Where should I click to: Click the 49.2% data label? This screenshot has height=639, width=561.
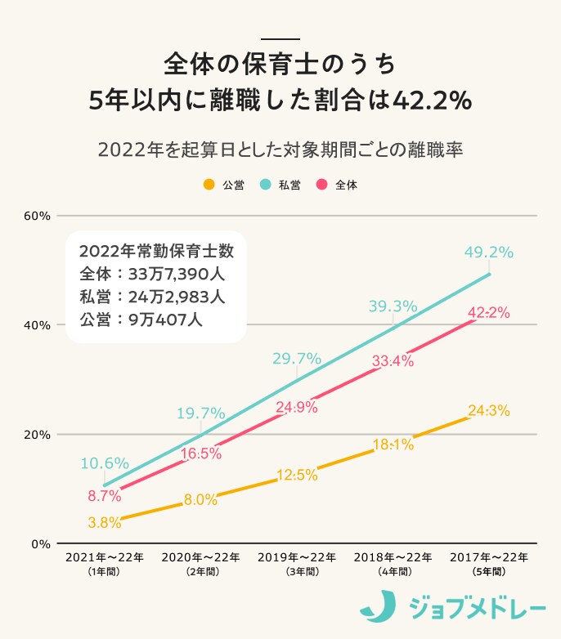pos(489,252)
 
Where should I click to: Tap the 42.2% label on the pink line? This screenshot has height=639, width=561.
pos(489,312)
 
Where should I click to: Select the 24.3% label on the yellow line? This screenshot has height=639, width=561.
pos(489,410)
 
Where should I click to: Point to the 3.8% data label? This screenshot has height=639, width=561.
pos(105,521)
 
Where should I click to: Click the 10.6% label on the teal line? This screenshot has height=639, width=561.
pos(105,463)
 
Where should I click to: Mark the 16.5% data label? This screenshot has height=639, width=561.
pos(200,453)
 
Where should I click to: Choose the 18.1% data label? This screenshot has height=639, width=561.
pos(393,445)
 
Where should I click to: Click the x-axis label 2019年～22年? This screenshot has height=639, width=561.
pos(296,557)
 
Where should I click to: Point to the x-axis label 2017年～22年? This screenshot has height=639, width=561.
pos(489,557)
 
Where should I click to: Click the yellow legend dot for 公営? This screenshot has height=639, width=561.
pos(209,185)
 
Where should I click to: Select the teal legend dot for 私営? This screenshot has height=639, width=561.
pos(266,185)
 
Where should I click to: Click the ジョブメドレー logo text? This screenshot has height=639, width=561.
pos(473,609)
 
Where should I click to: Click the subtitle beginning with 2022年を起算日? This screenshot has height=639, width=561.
pos(280,150)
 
